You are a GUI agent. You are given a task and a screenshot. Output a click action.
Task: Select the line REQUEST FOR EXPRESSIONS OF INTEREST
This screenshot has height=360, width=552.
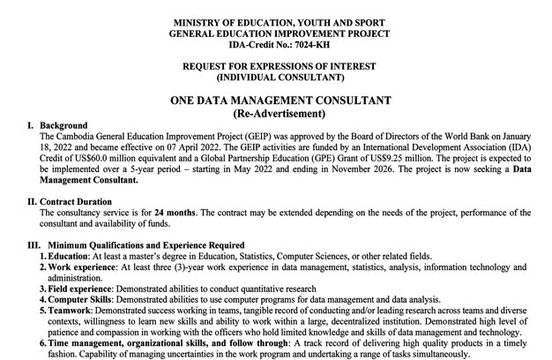point(275,66)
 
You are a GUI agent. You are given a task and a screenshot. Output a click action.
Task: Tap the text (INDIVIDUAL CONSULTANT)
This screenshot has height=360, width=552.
point(275,78)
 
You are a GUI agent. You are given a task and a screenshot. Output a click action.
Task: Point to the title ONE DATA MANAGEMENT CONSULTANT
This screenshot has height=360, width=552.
point(275,101)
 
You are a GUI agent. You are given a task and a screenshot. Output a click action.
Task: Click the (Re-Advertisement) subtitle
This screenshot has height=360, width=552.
point(275,115)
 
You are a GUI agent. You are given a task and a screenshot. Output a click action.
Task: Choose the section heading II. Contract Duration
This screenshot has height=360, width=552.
point(72,201)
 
